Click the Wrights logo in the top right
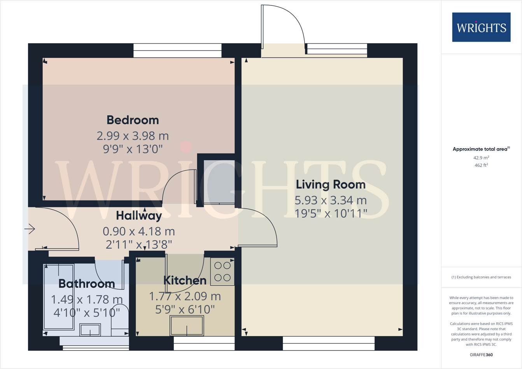point(481,27)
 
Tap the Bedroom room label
point(133,120)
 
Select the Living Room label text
point(331,184)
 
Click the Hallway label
point(139,215)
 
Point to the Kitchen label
point(185,280)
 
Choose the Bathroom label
point(86,283)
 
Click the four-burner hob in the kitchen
point(222,271)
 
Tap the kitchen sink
point(187,325)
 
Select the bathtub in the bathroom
point(59,297)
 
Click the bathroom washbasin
point(90,330)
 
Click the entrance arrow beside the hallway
point(30,229)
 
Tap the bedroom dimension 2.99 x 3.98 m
point(133,136)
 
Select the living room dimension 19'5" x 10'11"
point(331,213)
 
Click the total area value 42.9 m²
point(481,158)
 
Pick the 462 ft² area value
point(481,165)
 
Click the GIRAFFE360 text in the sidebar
point(481,355)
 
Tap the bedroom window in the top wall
point(177,51)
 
